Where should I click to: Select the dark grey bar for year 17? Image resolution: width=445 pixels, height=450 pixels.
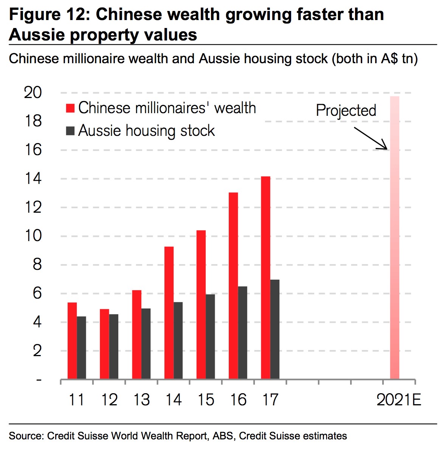[x=275, y=329]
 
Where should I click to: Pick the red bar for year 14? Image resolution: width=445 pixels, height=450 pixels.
[x=169, y=313]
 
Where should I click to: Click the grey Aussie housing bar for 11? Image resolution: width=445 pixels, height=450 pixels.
[x=81, y=347]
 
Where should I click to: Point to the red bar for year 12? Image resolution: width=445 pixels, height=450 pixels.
[x=104, y=344]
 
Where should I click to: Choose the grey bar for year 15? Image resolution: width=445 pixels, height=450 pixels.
[x=210, y=336]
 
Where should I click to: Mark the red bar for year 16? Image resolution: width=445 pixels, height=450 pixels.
[x=233, y=286]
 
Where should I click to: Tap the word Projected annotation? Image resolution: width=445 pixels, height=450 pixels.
[x=346, y=110]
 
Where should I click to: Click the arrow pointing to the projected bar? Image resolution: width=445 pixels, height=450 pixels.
[x=371, y=138]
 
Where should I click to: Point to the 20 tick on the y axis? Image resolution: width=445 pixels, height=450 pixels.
[x=33, y=93]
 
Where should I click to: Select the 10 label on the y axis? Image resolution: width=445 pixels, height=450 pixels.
[x=33, y=236]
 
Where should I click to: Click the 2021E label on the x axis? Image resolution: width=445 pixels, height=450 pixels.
[x=398, y=400]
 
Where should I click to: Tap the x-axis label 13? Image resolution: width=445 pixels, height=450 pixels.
[x=141, y=400]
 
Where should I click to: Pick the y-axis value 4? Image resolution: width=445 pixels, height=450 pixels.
[x=37, y=322]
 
